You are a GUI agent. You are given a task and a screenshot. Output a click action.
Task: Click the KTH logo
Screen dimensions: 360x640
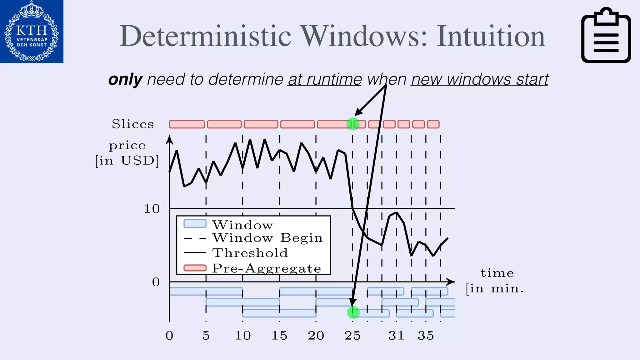click(32, 31)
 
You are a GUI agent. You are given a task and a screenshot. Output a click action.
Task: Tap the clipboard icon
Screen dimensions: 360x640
click(606, 35)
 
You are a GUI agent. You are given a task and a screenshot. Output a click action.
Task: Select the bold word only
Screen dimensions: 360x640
click(125, 79)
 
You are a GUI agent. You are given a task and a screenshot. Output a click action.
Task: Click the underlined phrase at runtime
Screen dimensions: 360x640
click(324, 79)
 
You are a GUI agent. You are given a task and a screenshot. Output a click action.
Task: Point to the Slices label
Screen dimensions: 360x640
click(133, 124)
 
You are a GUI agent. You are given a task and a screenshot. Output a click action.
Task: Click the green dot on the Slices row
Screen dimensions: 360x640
click(353, 124)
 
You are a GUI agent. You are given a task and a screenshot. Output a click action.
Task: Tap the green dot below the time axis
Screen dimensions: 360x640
click(353, 312)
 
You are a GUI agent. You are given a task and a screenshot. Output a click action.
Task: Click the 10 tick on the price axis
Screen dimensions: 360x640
click(152, 209)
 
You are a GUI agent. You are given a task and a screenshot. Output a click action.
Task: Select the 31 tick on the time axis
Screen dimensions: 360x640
click(396, 336)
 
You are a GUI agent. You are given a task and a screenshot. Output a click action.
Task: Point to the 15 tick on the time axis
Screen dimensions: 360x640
click(279, 336)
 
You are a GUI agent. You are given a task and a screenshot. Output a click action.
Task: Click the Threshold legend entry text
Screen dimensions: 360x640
click(250, 253)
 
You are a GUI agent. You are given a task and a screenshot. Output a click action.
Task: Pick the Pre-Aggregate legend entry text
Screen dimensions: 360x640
click(267, 268)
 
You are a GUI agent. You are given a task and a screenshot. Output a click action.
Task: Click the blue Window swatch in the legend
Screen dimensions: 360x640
click(195, 224)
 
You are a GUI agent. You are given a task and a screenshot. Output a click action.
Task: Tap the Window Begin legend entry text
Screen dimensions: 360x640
click(267, 238)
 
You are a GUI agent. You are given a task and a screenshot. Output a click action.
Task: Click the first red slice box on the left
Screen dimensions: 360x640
click(187, 124)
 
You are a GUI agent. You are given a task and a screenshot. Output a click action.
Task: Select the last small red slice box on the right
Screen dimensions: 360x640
click(433, 124)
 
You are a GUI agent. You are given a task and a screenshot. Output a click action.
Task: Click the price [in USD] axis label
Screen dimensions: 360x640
click(127, 153)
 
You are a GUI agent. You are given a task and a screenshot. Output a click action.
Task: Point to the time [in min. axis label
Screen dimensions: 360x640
click(495, 281)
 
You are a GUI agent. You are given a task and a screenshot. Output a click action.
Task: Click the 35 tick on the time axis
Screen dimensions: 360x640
click(426, 336)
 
